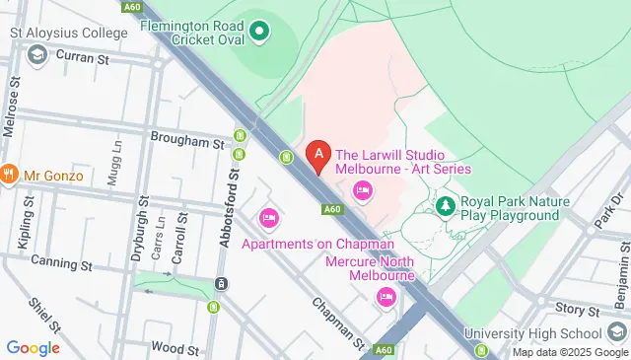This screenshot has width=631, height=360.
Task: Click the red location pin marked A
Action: coord(317,156)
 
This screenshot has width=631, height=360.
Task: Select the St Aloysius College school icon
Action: coord(37,53)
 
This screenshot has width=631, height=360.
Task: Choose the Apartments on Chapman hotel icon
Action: coord(268,218)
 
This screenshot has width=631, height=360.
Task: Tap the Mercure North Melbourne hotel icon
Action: coord(386,296)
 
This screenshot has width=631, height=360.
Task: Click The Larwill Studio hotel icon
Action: coord(362,190)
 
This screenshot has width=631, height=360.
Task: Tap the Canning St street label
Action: coord(61,263)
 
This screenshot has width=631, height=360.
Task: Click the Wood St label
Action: coord(176,348)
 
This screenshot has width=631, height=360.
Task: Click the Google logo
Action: coord(34,347)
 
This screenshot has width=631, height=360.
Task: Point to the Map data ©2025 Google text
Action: coord(569,352)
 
